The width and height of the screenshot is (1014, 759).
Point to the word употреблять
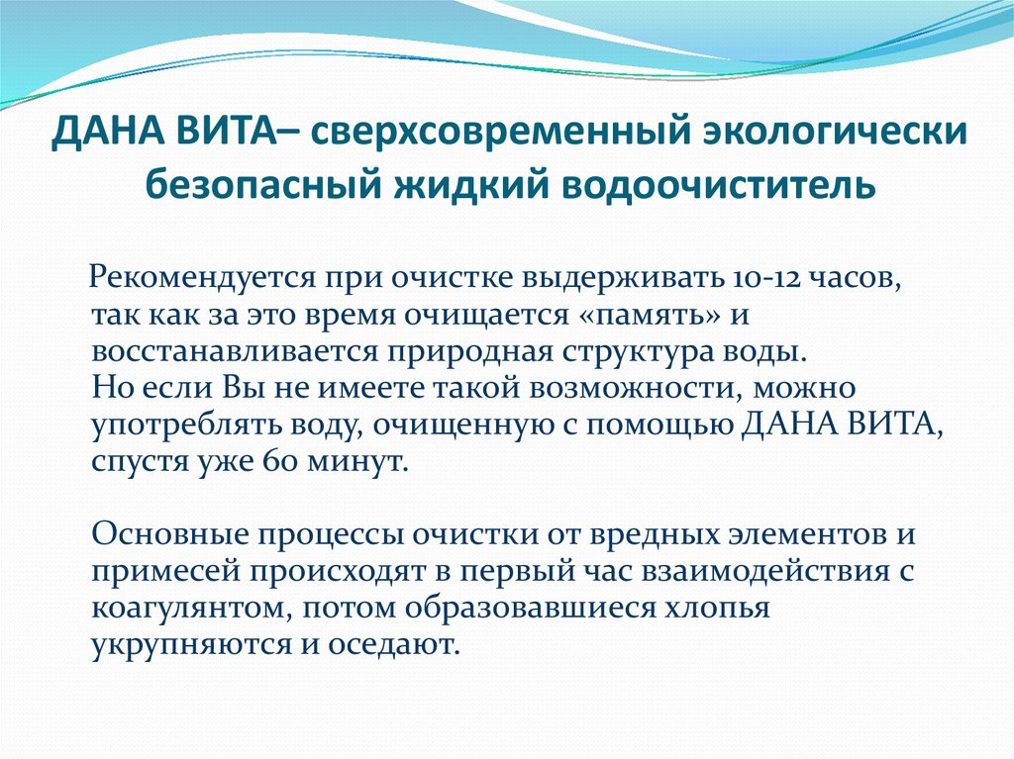(166, 427)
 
